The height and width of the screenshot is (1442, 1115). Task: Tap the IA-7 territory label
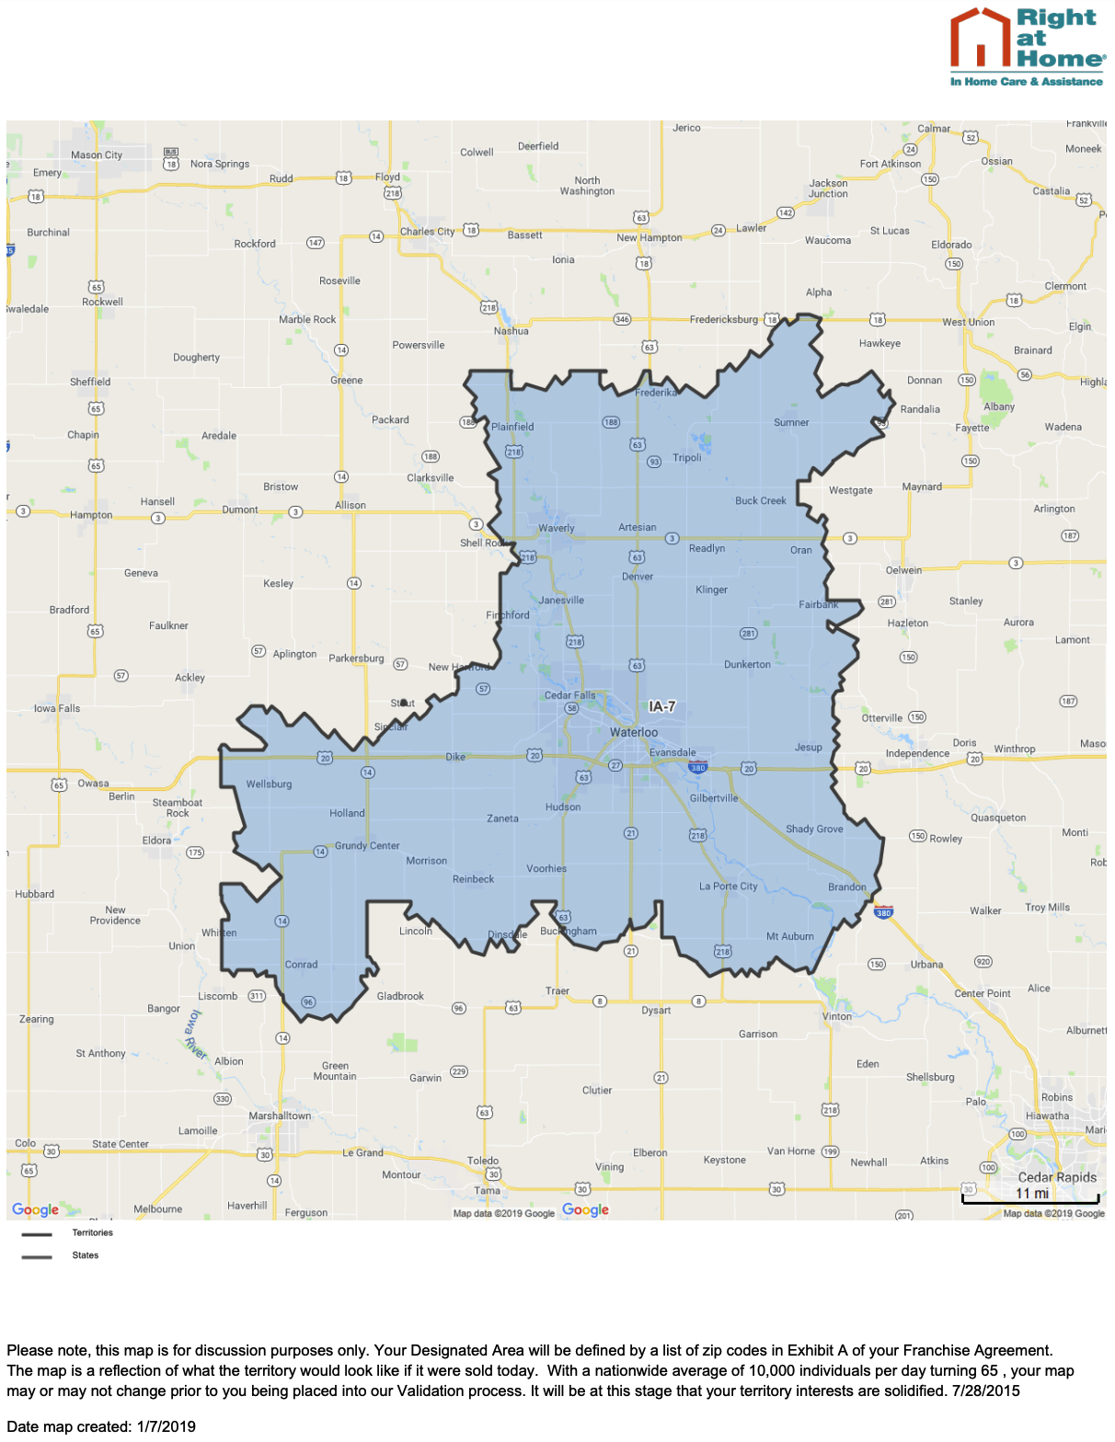(661, 706)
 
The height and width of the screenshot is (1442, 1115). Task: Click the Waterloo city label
(634, 732)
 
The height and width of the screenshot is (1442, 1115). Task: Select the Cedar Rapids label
(1057, 1177)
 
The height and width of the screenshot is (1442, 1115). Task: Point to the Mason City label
(97, 154)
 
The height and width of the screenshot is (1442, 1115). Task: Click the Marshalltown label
(280, 1116)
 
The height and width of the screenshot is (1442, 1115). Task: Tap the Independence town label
(917, 753)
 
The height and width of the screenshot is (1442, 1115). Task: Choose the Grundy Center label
(367, 845)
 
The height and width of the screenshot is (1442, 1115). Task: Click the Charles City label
(427, 232)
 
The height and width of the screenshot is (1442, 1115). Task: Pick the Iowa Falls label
(57, 708)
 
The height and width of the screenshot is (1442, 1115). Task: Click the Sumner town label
(791, 422)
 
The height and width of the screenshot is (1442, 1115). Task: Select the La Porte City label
(728, 887)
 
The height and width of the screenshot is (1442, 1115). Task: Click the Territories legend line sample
(37, 1234)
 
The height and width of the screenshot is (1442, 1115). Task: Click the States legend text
(86, 1255)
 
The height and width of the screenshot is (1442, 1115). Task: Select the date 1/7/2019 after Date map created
(167, 1426)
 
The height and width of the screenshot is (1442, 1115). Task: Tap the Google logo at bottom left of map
(35, 1209)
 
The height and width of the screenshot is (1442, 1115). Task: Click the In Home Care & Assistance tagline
(1026, 82)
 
